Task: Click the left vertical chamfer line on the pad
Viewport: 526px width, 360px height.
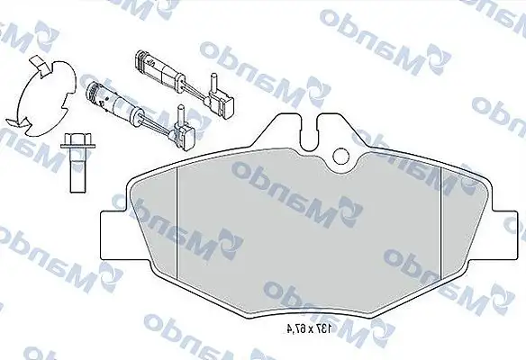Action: [x=178, y=229]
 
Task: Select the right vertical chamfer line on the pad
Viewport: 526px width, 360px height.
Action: [x=439, y=229]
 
